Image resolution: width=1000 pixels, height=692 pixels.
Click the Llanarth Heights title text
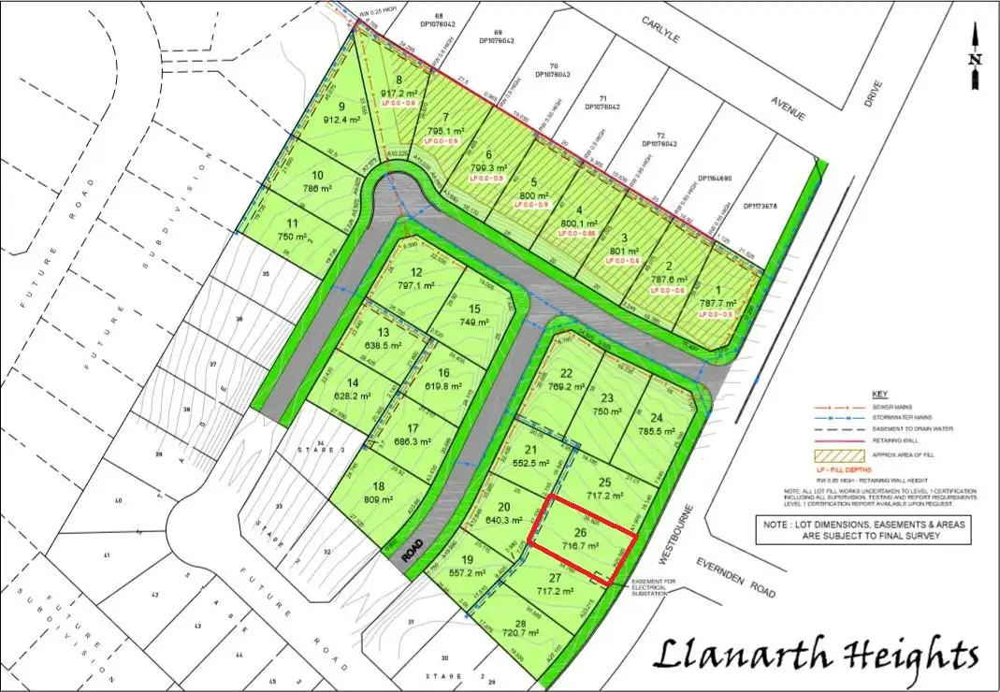click(x=817, y=654)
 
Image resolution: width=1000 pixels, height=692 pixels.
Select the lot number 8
click(x=399, y=80)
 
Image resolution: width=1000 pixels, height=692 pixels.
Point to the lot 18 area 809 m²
click(x=379, y=499)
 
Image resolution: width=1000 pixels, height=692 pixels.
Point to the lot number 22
click(x=566, y=373)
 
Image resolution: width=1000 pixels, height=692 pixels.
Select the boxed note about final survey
click(x=862, y=530)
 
